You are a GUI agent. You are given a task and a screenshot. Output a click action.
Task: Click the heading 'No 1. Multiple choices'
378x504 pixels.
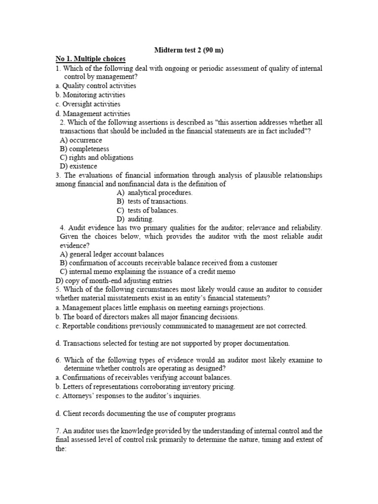click(x=91, y=59)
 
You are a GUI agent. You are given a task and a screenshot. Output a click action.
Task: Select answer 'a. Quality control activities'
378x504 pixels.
click(x=96, y=86)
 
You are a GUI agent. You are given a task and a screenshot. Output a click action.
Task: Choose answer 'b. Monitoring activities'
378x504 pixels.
click(x=91, y=95)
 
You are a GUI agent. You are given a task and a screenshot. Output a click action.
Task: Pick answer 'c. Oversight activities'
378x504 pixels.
click(x=88, y=104)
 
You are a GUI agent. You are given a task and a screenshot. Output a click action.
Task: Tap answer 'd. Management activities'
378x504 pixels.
click(x=93, y=114)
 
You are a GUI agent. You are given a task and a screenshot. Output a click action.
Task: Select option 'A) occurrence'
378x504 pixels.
click(x=81, y=140)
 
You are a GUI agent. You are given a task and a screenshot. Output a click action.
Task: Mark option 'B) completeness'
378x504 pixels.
click(x=84, y=149)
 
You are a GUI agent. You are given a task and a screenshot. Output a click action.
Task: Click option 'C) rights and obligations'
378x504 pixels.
click(x=96, y=157)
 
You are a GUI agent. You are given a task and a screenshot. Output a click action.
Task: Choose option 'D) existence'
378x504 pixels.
click(x=78, y=166)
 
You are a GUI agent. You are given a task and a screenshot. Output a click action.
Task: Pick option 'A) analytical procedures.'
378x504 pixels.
click(x=155, y=192)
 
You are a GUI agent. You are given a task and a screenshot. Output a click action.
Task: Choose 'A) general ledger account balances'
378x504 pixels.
click(x=112, y=254)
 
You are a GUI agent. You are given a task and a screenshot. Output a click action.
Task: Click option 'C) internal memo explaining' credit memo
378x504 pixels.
click(x=148, y=271)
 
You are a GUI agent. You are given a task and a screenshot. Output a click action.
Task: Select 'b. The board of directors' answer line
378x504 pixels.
click(x=147, y=317)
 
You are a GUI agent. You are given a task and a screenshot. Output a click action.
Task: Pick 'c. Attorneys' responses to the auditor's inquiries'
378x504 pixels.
click(x=128, y=396)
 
